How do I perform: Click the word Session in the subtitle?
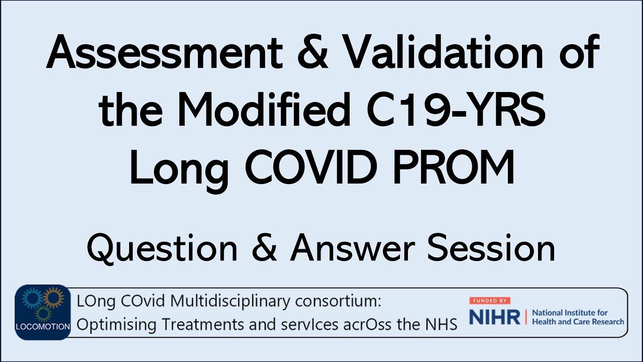[x=491, y=248]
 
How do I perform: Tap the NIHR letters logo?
[x=494, y=317]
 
